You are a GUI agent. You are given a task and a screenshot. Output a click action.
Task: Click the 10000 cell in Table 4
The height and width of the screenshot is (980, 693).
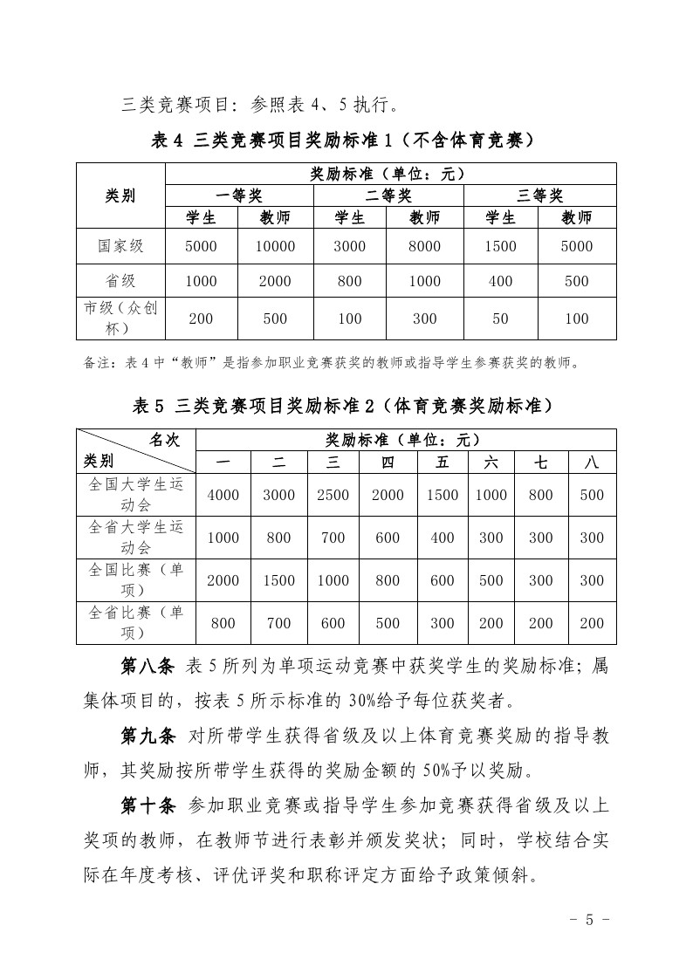(x=275, y=247)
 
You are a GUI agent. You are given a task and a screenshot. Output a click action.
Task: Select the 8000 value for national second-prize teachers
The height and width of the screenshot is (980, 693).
(x=424, y=247)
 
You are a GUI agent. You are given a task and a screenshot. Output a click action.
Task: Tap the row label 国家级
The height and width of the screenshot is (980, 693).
(x=120, y=247)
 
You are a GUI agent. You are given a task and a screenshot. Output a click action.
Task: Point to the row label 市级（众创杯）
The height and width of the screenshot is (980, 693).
(x=120, y=319)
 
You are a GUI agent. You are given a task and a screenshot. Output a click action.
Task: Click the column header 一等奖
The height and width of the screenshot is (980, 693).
(x=238, y=195)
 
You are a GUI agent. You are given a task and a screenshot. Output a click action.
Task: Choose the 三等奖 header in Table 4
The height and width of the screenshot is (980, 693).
(x=539, y=195)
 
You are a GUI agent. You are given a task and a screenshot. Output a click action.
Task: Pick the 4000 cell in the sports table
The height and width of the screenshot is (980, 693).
(x=223, y=495)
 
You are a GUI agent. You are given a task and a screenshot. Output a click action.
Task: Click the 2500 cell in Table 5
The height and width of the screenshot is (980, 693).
(x=333, y=495)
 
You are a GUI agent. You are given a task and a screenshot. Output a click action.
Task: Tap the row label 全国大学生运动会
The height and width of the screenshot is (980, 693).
(x=136, y=495)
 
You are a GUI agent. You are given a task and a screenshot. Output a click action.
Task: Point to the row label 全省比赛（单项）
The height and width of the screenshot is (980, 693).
(x=136, y=623)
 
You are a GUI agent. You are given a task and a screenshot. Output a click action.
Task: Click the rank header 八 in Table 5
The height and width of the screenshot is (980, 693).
(x=592, y=463)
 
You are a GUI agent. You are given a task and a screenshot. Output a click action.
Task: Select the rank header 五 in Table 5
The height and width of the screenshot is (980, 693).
(x=443, y=463)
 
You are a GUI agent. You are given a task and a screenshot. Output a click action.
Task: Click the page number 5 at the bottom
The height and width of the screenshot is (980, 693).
(x=589, y=919)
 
